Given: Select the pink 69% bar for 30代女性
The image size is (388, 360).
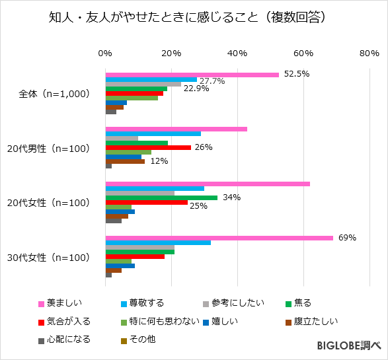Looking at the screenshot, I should click(219, 238).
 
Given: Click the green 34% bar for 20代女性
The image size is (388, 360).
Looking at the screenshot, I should click(161, 197).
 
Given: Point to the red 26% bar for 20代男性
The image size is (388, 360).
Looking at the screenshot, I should click(148, 147).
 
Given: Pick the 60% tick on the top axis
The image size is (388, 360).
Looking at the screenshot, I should click(303, 54).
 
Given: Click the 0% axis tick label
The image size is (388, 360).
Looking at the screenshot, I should click(105, 54).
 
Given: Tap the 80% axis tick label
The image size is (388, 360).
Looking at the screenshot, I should click(369, 54).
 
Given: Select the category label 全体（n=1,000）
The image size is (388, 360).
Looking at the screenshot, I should click(54, 94).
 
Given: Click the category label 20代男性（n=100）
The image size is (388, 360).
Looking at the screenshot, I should click(53, 149).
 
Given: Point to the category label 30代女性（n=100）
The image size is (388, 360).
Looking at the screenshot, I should click(53, 258).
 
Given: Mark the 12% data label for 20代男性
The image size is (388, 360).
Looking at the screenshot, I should click(159, 161).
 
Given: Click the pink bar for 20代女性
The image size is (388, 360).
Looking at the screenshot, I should click(208, 184).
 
